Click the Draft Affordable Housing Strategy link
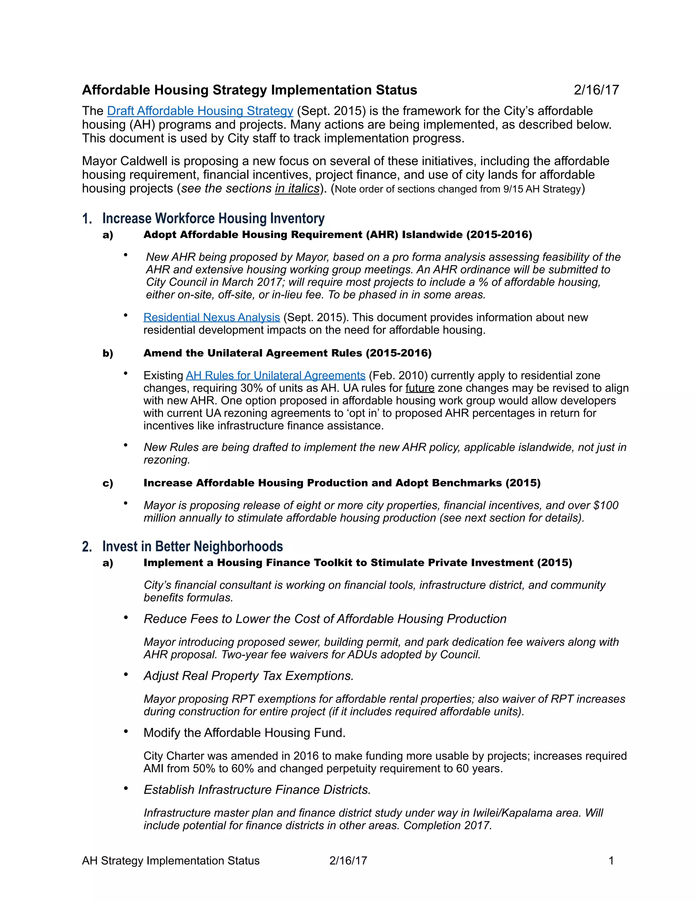[x=200, y=111]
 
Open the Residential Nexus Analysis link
[x=211, y=317]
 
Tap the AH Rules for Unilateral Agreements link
[x=275, y=375]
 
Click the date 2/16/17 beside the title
[x=596, y=90]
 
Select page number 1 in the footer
[x=611, y=860]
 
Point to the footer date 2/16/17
[x=348, y=860]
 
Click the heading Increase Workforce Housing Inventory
[x=213, y=218]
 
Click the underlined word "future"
[x=420, y=388]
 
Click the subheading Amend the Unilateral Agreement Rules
[x=287, y=353]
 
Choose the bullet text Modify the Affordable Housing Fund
[x=244, y=733]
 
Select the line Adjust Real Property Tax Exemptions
[x=248, y=676]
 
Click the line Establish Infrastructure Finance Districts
[x=257, y=790]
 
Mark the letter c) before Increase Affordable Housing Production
[x=108, y=483]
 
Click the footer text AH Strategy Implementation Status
[x=171, y=860]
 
